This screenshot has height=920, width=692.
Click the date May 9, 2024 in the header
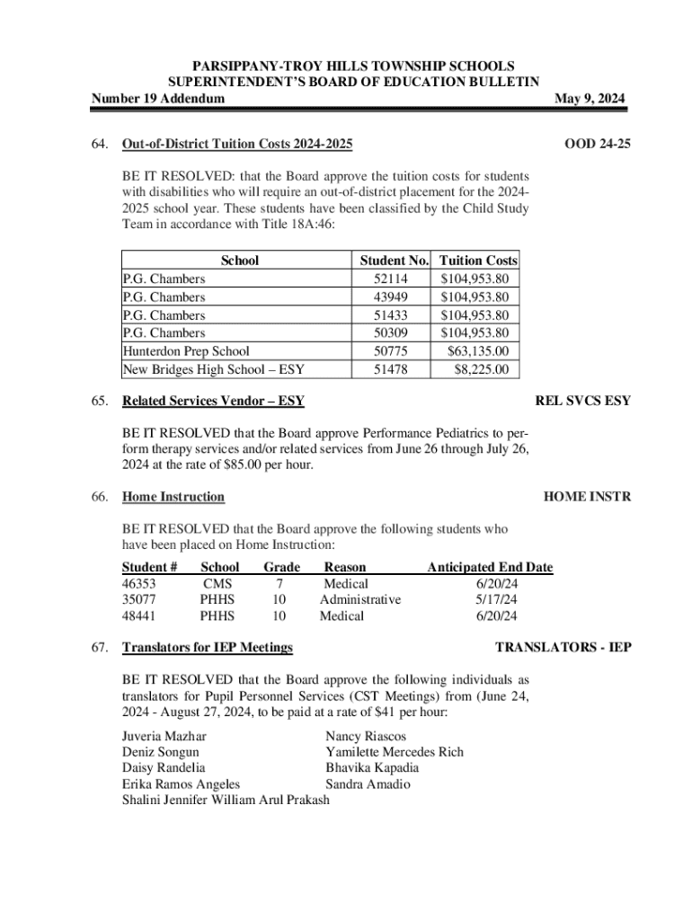(590, 98)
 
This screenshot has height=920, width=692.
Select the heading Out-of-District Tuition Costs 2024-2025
(237, 145)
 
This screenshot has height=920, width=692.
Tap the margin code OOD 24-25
(597, 145)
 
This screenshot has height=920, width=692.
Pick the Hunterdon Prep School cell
(186, 351)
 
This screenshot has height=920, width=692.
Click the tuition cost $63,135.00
(478, 351)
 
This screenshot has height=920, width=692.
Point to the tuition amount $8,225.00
(482, 369)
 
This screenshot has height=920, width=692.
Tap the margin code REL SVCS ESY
(582, 401)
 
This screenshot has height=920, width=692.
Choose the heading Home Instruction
(173, 497)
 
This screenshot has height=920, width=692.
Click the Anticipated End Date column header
(490, 567)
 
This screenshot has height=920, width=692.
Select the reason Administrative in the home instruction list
(360, 599)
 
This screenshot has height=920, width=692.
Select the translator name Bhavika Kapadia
(372, 768)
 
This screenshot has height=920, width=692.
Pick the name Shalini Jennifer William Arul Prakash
(226, 801)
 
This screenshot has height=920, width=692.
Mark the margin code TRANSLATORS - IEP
(563, 647)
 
